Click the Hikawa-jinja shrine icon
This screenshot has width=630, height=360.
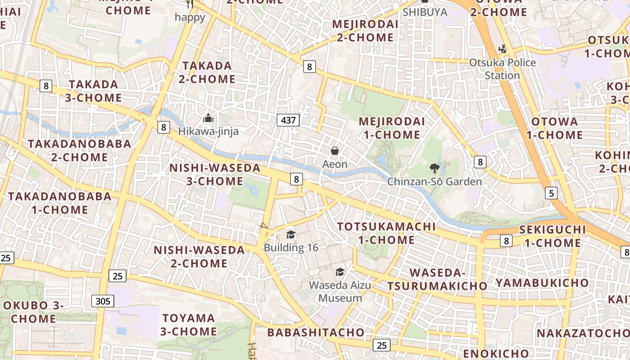pos(208,118)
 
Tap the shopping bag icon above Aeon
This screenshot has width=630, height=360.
pos(335,151)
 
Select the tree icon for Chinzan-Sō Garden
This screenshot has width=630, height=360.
pos(434,168)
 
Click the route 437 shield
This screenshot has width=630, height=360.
pos(288,120)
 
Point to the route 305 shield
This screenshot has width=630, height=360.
pos(103,301)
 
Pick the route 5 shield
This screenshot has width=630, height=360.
pos(551,193)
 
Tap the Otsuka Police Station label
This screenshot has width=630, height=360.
pos(502,69)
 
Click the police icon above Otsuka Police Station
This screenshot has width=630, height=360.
pos(502,49)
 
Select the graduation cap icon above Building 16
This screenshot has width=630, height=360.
pos(291,234)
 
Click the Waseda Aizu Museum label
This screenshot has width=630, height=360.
pos(340,292)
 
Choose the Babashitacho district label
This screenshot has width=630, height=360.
pos(316,333)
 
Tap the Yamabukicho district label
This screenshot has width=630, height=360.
pos(542,283)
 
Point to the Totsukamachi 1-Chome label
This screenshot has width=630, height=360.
pos(386,233)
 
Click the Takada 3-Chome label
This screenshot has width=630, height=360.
pos(94,91)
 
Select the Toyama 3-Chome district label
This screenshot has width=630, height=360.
pos(189,325)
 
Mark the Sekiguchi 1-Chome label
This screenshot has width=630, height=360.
pos(553,236)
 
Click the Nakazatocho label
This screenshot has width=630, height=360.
pos(583,333)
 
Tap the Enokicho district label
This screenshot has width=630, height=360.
pos(496,353)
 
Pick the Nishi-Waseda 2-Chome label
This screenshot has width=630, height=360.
pos(199,256)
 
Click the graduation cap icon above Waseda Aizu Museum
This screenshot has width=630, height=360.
pos(340,272)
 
